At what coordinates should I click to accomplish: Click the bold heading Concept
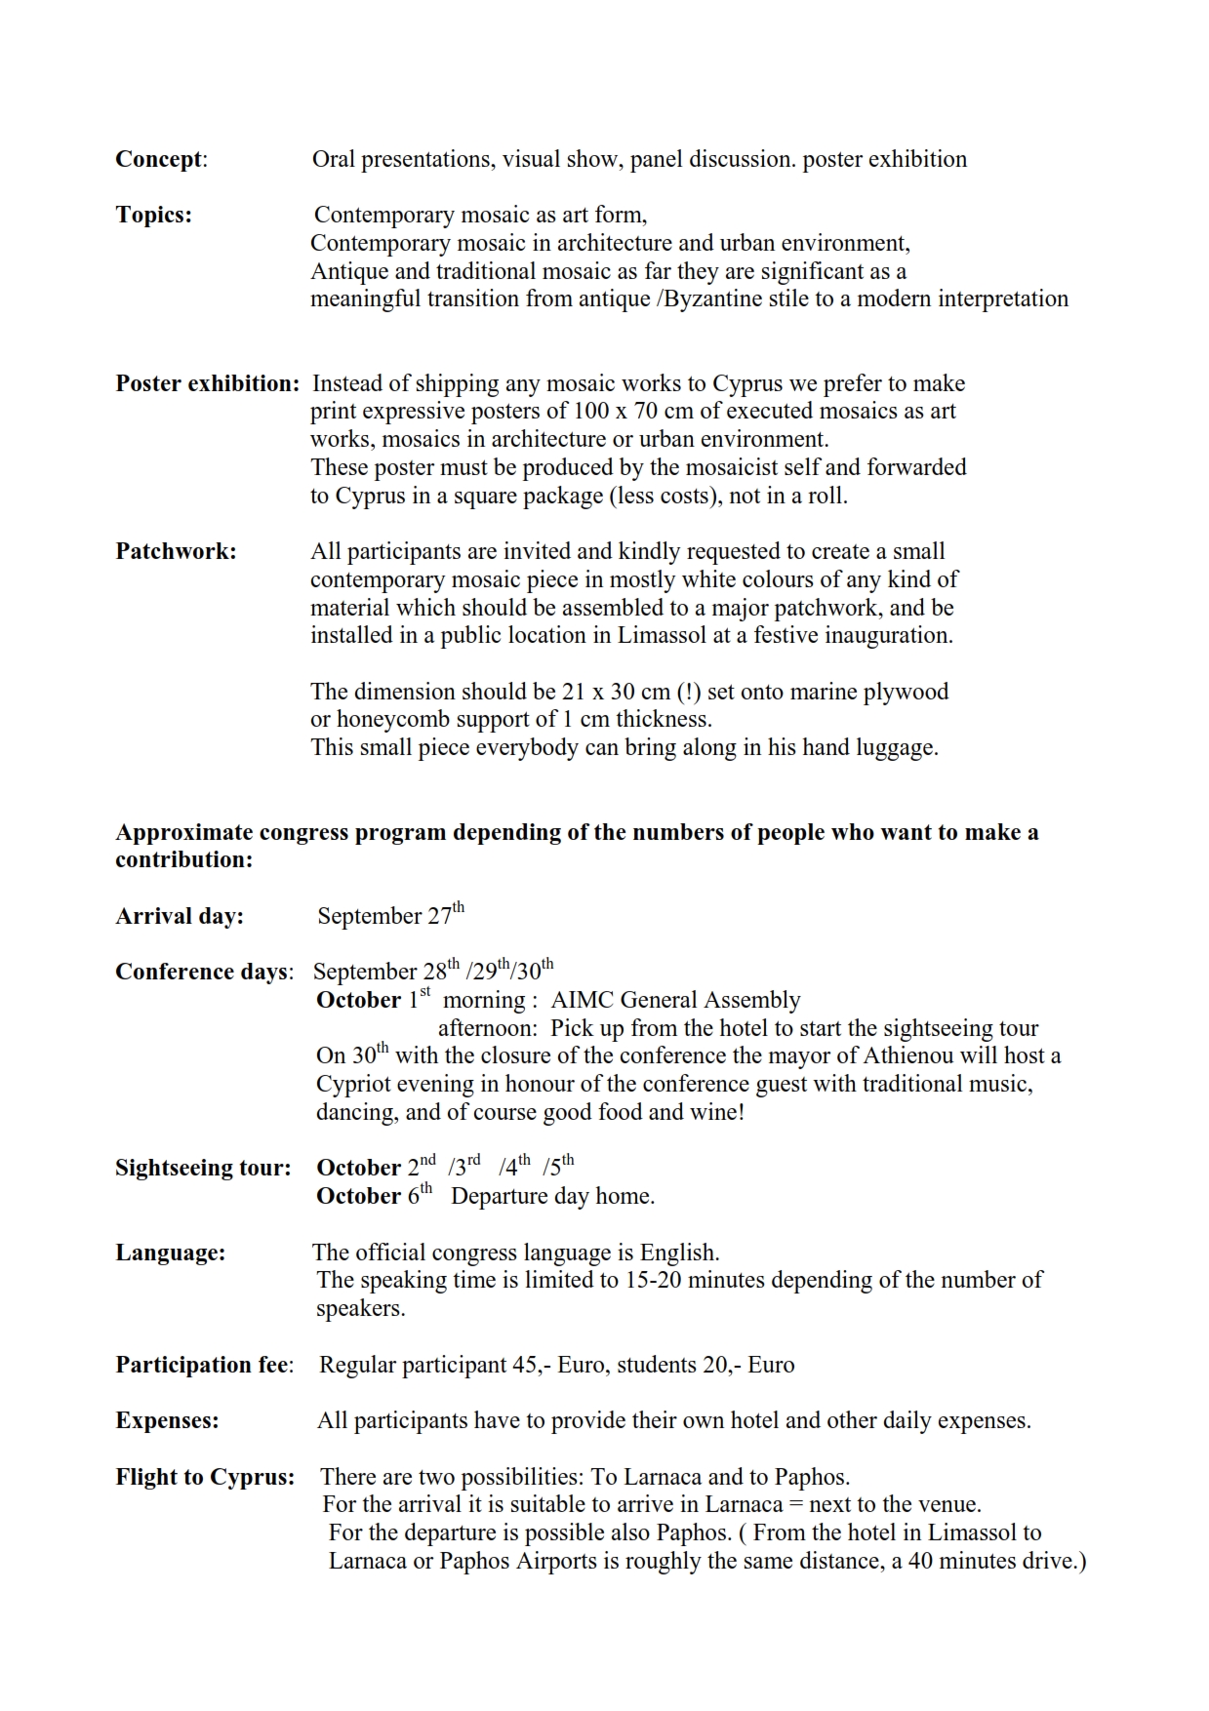coord(160,159)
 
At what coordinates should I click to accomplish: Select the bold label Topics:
coord(153,215)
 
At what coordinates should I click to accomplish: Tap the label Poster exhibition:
coord(207,383)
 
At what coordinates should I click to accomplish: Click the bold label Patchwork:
coord(176,551)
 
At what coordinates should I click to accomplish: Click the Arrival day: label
coord(180,916)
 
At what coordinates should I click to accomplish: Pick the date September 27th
coord(390,915)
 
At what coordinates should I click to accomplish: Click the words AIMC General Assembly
coord(675,1000)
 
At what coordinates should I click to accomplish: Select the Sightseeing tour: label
coord(203,1168)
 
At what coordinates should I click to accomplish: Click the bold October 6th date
coord(374,1195)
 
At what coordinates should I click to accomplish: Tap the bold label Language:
coord(170,1253)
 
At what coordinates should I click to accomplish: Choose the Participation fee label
coord(204,1365)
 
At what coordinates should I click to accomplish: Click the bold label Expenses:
coord(167,1420)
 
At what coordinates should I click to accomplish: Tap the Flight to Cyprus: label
coord(205,1477)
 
